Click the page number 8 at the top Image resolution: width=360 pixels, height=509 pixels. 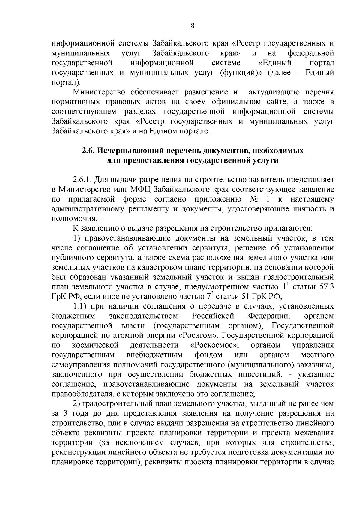pyautogui.click(x=193, y=26)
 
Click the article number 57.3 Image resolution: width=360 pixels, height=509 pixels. pyautogui.click(x=326, y=287)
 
